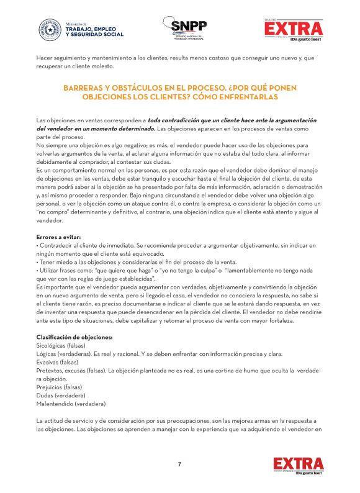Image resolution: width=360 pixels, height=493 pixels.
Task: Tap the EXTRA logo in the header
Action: tap(298, 29)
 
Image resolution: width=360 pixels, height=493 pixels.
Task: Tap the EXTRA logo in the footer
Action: tap(298, 465)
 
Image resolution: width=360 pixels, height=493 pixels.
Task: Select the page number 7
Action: tap(179, 464)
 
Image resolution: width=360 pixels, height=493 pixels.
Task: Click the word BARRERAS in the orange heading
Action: tap(88, 88)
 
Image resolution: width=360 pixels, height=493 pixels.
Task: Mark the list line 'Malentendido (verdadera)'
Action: tap(71, 404)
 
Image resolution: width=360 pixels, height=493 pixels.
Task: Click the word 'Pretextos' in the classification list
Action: tap(50, 370)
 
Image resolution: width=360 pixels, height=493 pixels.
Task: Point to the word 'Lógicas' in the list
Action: tap(47, 354)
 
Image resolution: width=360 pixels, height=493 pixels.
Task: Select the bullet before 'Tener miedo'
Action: tap(38, 263)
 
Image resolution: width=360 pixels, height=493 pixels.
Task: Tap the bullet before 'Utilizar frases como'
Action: tap(38, 271)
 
